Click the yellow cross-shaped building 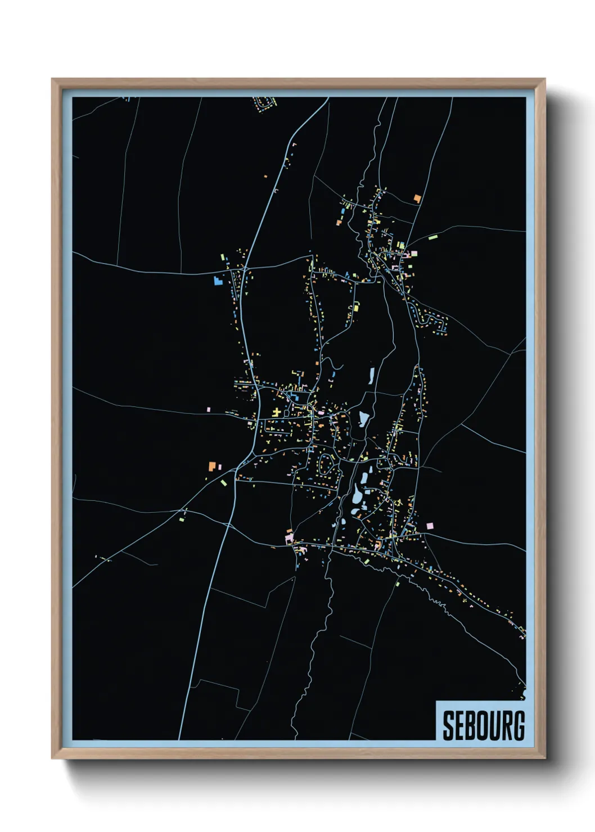(276, 413)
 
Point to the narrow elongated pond (371, 376)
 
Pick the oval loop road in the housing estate (326, 463)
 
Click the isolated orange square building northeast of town (417, 198)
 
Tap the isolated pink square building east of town (430, 525)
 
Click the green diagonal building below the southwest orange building (223, 482)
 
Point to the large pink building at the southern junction (290, 538)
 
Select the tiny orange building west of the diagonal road (265, 176)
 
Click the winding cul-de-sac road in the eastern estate (433, 322)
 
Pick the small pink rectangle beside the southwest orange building (219, 466)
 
